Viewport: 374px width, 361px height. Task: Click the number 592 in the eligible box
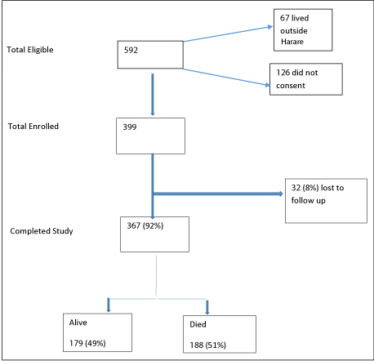(x=131, y=50)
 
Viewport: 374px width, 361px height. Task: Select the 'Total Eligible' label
(x=30, y=50)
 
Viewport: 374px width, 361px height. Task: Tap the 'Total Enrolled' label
(x=33, y=127)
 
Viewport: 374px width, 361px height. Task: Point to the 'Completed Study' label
(x=42, y=231)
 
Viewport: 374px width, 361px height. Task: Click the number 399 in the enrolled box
(x=130, y=127)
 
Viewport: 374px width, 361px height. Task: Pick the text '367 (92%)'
(x=145, y=225)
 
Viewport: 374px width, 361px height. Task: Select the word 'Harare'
(x=292, y=42)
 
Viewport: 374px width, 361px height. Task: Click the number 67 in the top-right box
(x=285, y=18)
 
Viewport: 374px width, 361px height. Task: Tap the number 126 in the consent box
(x=283, y=73)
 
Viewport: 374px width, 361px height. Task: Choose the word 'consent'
(x=291, y=86)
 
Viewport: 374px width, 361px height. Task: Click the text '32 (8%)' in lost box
(x=305, y=188)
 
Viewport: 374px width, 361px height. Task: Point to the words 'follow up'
(x=308, y=201)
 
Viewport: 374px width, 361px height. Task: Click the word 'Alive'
(x=78, y=323)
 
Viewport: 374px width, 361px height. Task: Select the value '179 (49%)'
(x=87, y=343)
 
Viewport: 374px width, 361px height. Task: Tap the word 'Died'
(x=198, y=324)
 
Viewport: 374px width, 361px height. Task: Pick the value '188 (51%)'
(x=208, y=345)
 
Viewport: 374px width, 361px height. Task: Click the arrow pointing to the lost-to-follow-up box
(x=218, y=194)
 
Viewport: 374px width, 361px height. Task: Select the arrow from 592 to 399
(x=153, y=95)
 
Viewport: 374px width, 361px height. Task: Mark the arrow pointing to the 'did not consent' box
(x=226, y=78)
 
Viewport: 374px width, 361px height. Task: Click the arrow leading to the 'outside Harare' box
(x=228, y=33)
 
